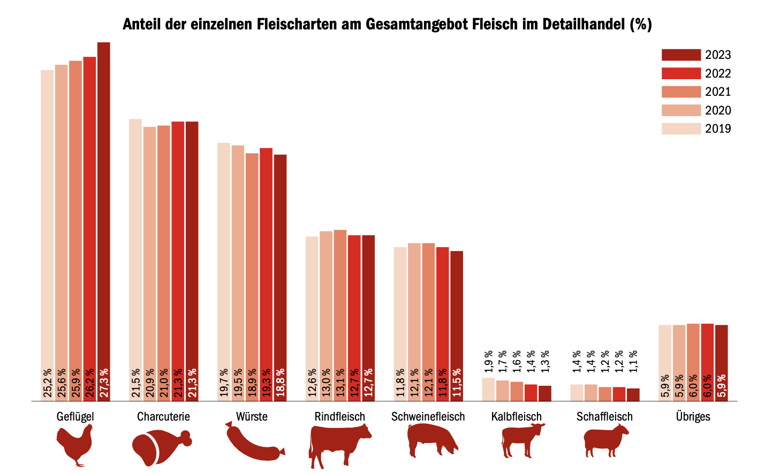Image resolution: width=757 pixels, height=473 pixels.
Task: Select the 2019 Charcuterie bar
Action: point(135,241)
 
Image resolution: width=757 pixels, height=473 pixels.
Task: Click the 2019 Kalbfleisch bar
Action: point(488,389)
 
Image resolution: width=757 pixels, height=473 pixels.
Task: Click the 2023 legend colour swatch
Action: point(681,55)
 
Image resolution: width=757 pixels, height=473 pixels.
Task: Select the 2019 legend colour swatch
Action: point(681,128)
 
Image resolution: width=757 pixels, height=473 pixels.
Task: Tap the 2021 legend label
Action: point(718,91)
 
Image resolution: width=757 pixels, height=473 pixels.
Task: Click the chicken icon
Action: point(75,445)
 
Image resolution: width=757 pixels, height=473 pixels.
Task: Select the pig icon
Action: point(432,440)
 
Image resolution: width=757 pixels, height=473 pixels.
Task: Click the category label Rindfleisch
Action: point(340,417)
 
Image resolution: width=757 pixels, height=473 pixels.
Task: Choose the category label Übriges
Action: point(693,417)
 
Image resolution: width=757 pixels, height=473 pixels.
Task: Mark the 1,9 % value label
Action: point(488,362)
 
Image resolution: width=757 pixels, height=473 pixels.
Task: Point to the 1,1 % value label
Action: point(633,362)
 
